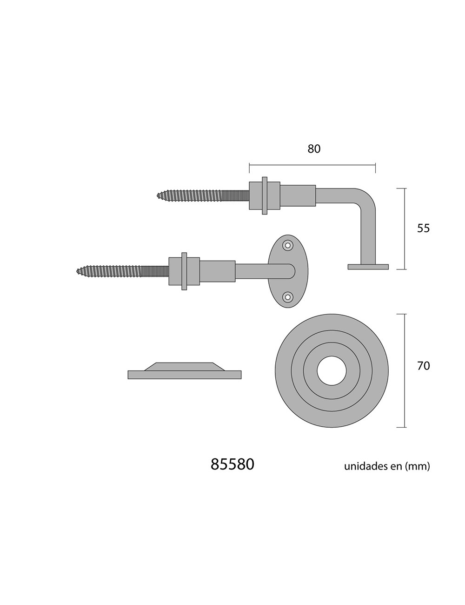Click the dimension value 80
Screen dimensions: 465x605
314,149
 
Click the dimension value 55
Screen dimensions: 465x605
423,229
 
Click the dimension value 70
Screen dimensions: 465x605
423,366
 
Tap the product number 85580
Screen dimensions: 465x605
232,464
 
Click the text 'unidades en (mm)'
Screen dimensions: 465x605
387,466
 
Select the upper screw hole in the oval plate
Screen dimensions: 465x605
288,245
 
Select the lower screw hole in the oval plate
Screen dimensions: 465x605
288,297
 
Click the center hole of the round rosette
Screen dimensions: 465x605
332,371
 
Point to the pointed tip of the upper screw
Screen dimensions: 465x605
157,195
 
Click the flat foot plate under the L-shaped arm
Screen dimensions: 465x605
368,267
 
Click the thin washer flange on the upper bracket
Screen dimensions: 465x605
265,196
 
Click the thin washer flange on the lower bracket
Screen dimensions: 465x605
184,271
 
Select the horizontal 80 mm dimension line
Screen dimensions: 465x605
312,165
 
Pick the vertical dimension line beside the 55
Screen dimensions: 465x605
405,229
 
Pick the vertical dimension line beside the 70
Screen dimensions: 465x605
405,370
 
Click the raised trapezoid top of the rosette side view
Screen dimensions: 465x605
185,366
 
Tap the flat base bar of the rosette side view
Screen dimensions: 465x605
185,375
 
